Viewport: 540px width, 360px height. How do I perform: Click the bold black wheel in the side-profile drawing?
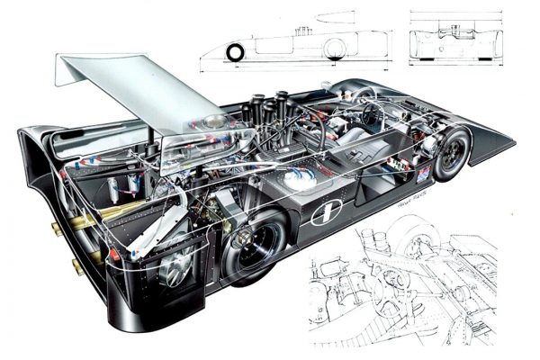click(235, 53)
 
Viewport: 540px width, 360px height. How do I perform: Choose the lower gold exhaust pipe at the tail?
click(79, 266)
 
